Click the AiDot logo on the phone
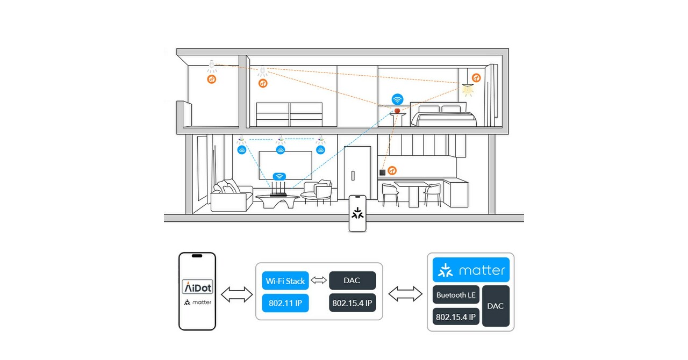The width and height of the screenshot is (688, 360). (197, 286)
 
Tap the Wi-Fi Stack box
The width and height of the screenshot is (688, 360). (285, 280)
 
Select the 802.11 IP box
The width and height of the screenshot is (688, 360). (285, 303)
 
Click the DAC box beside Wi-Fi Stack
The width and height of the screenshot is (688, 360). (352, 280)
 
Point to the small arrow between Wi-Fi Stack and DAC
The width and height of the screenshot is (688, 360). (319, 280)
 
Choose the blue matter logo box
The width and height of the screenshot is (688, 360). (471, 270)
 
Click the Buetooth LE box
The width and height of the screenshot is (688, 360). (456, 294)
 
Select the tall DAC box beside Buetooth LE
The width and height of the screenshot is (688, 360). (495, 306)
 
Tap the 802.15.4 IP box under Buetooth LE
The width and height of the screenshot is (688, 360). (456, 317)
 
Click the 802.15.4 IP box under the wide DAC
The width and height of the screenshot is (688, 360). (352, 303)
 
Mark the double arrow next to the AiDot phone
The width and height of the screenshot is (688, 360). (236, 294)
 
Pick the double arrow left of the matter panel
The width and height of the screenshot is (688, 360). (405, 294)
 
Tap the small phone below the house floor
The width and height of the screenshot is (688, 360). (357, 213)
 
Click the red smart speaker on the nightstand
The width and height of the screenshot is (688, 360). (397, 110)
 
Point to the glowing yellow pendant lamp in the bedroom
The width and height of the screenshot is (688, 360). (468, 88)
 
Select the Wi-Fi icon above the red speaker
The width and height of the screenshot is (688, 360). (397, 99)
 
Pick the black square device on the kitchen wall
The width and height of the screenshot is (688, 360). (382, 172)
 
